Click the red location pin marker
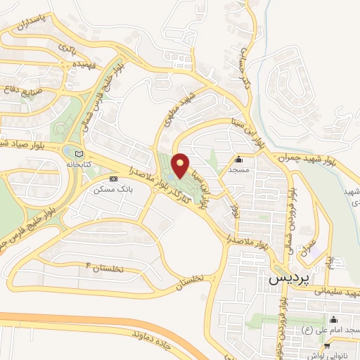[x=181, y=165]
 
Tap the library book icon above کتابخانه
[x=78, y=153]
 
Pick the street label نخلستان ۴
[x=107, y=267]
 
